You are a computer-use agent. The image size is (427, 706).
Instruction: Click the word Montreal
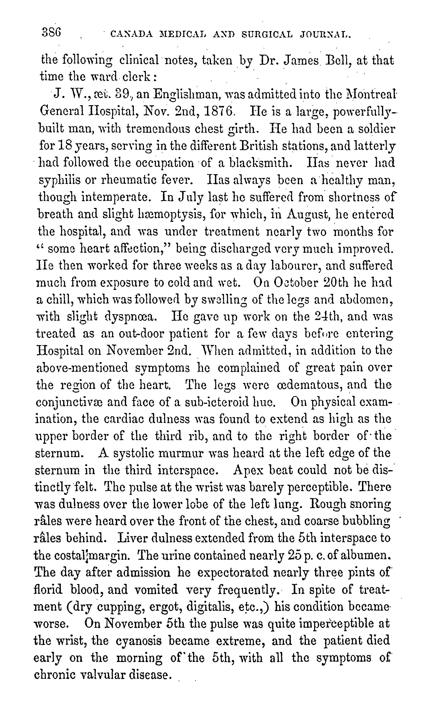(371, 94)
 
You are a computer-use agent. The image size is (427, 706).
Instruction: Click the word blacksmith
(261, 163)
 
